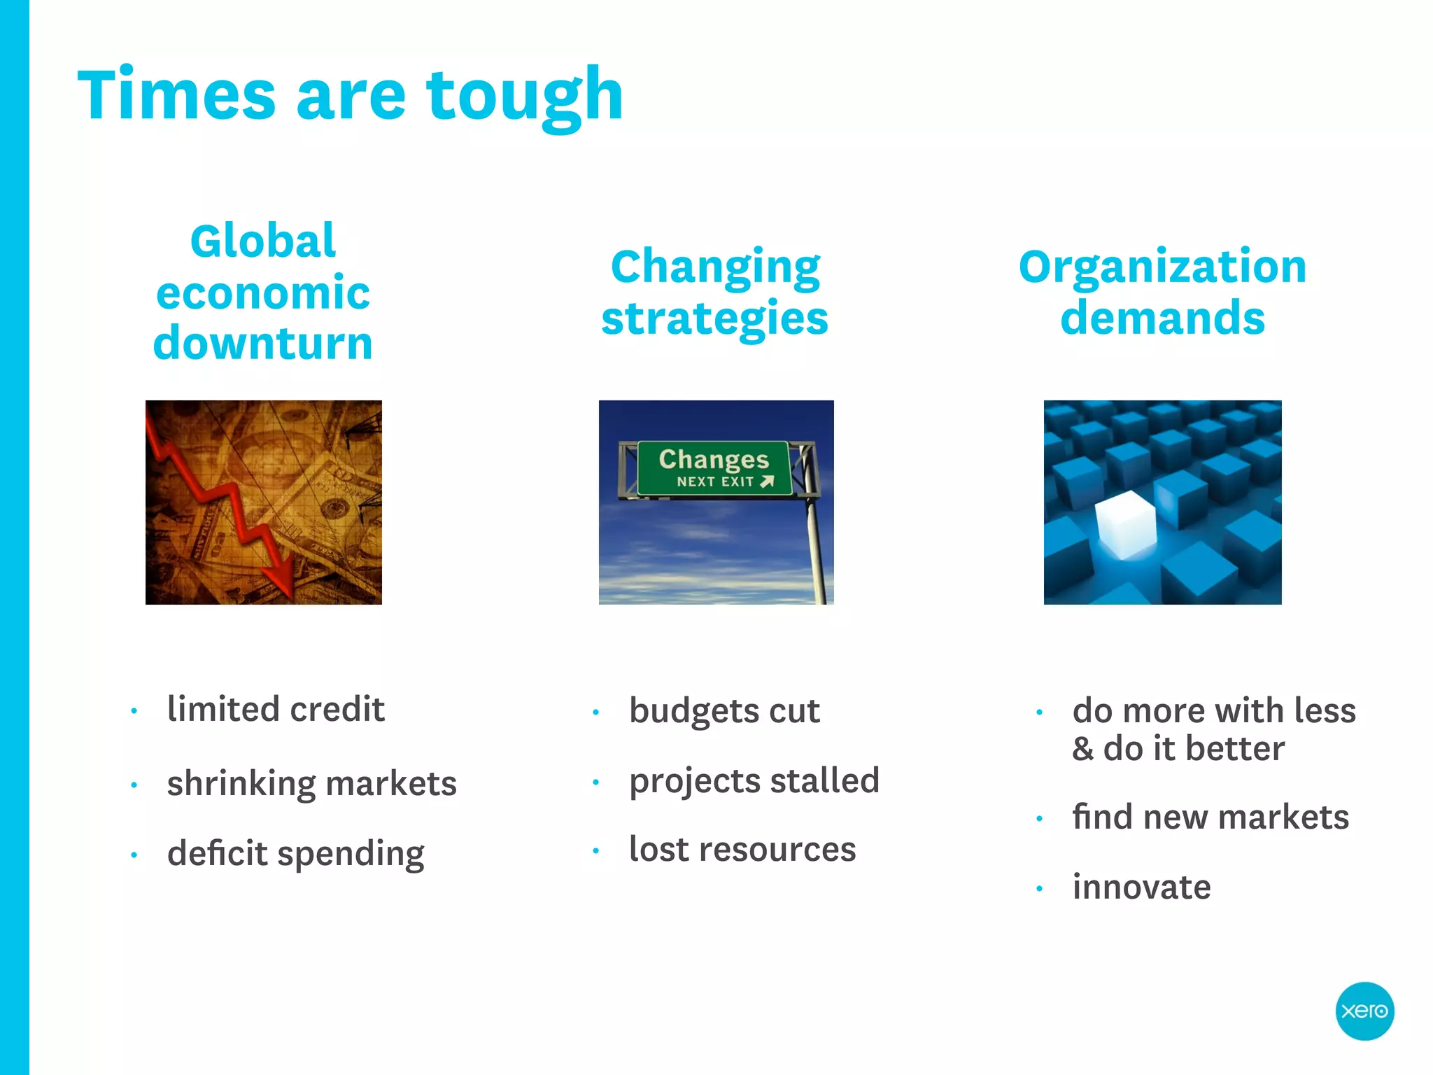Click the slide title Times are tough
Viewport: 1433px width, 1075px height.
click(350, 94)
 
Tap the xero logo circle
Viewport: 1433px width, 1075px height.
click(1364, 1011)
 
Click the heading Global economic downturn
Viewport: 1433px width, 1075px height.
click(263, 293)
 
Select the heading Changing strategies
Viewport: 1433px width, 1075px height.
click(715, 293)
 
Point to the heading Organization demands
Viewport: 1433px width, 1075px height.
click(1162, 293)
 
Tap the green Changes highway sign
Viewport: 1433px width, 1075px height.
click(714, 468)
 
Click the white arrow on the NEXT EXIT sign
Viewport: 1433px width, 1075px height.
click(767, 482)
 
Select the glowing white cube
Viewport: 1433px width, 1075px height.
click(1125, 525)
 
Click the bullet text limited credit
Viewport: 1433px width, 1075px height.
click(276, 710)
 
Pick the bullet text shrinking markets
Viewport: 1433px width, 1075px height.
click(311, 783)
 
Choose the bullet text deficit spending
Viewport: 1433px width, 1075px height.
click(295, 854)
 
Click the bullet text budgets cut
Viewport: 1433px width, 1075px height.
click(724, 711)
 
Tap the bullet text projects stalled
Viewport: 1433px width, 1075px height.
click(754, 781)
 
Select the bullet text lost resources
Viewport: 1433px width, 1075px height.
click(742, 850)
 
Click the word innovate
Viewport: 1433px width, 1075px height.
click(1141, 887)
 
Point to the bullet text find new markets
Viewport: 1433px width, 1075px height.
click(1210, 817)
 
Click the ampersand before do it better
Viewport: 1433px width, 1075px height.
click(1082, 749)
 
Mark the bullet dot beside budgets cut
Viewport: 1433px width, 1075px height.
click(596, 713)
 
